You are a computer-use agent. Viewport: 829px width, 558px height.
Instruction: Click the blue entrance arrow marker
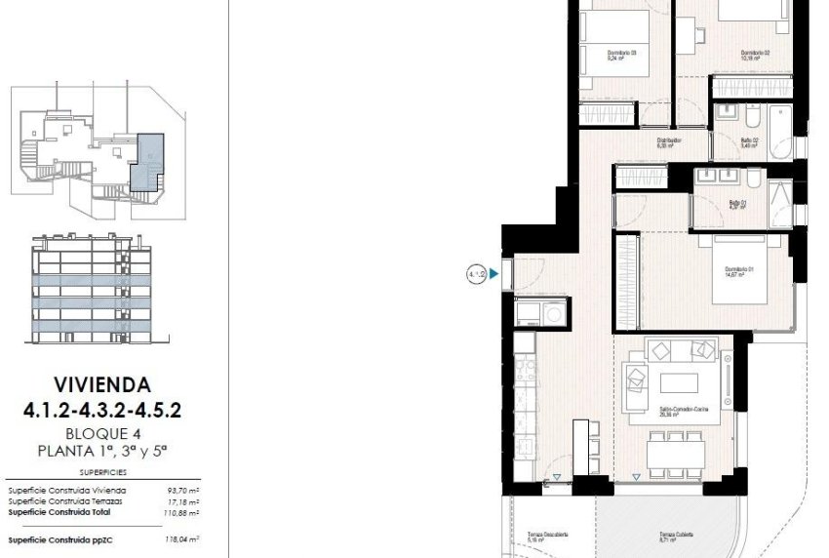pyautogui.click(x=494, y=275)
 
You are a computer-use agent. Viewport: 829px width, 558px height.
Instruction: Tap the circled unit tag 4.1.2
pyautogui.click(x=476, y=275)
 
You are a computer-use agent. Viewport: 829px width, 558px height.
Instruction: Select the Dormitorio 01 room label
pyautogui.click(x=734, y=271)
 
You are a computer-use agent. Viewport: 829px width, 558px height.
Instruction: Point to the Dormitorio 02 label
pyautogui.click(x=755, y=55)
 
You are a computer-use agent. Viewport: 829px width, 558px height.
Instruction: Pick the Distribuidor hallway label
pyautogui.click(x=668, y=142)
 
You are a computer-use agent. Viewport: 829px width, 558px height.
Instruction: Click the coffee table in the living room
pyautogui.click(x=678, y=381)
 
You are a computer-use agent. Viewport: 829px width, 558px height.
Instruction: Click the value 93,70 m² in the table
pyautogui.click(x=180, y=491)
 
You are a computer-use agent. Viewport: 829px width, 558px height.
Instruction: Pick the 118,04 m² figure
pyautogui.click(x=180, y=538)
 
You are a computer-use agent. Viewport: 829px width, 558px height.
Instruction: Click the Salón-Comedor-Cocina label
pyautogui.click(x=683, y=411)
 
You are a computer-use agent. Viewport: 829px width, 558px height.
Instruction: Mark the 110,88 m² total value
pyautogui.click(x=180, y=512)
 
